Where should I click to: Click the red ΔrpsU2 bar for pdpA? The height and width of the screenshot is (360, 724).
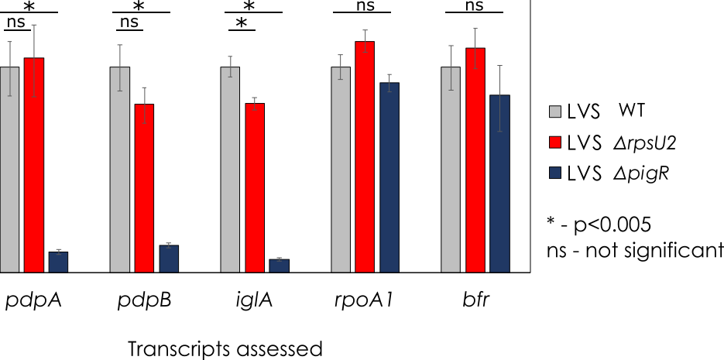point(34,165)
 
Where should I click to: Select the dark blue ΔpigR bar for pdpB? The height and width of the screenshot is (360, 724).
point(169,259)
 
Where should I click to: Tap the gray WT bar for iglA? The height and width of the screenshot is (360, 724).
point(230,170)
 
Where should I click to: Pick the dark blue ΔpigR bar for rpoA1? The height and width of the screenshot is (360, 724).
point(389,177)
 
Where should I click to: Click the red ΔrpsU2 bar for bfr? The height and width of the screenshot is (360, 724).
point(475,160)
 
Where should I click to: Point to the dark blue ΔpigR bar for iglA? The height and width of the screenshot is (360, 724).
point(280,266)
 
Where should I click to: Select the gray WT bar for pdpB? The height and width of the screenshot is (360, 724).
point(119,170)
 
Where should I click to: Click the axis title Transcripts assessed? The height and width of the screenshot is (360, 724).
point(225,349)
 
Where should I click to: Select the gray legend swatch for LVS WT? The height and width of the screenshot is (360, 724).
point(555,112)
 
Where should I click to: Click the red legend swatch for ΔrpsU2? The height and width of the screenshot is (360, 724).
point(555,143)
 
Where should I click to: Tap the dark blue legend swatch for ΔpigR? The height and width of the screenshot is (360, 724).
point(555,174)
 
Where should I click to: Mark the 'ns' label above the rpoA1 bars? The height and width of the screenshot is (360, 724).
point(362,5)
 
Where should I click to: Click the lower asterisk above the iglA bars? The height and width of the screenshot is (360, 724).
point(241,23)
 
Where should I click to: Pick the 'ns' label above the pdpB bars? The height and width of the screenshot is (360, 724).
point(129,22)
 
